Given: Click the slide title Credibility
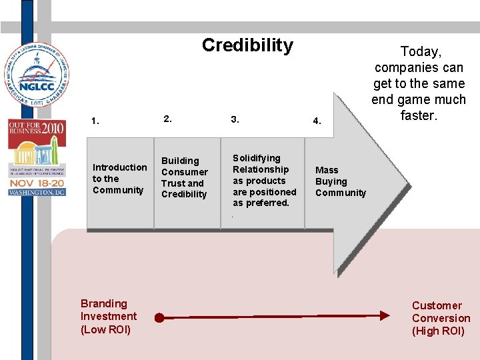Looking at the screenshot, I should tap(247, 45).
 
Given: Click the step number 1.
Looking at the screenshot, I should tap(95, 121).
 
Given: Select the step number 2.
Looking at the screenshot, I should tap(167, 119).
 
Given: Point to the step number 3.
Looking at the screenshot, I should tap(234, 119).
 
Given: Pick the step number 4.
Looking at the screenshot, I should tap(317, 121).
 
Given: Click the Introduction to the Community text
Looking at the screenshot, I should tap(119, 179).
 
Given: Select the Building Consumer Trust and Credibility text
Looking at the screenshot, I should tap(184, 177).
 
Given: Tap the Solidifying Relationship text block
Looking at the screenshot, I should tap(264, 181).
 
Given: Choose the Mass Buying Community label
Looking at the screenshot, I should tap(340, 181).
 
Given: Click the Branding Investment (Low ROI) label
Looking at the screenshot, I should tap(108, 317).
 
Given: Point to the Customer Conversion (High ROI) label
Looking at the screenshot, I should tap(441, 318).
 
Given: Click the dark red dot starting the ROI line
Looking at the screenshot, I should tap(159, 317).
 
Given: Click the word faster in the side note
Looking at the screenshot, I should tap(418, 115).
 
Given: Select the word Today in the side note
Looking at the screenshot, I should tap(419, 51).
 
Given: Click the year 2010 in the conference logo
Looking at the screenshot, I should tap(53, 127).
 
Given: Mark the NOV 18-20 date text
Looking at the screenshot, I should tap(36, 182).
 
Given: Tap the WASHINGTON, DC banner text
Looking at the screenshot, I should tap(36, 193).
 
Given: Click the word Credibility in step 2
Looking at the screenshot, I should tap(184, 194).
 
